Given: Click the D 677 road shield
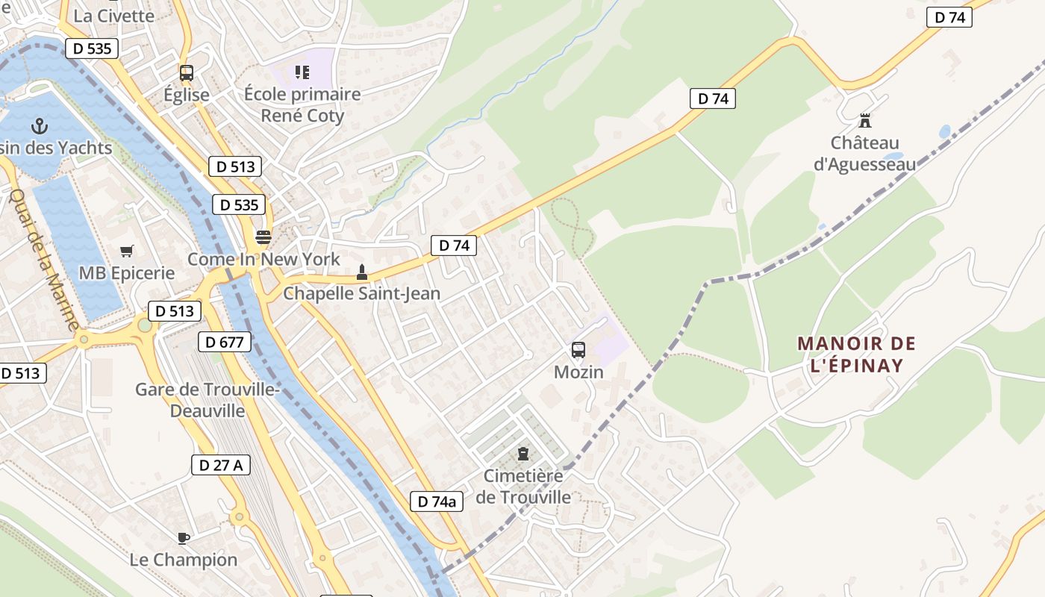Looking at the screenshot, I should [x=224, y=343].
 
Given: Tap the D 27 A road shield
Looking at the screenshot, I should [x=220, y=465].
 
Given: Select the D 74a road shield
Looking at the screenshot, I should [x=436, y=501].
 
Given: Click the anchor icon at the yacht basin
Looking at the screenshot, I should [x=40, y=126].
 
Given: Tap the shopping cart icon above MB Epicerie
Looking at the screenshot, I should [x=126, y=251].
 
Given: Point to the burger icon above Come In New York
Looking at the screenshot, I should [x=263, y=237].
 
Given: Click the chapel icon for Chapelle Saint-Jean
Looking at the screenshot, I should [x=362, y=272].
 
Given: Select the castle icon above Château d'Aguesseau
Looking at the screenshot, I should [x=865, y=120].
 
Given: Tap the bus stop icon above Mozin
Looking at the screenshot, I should [x=578, y=350].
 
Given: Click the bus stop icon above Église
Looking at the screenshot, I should [x=187, y=73].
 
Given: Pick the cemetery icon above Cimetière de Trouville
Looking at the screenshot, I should [x=523, y=454].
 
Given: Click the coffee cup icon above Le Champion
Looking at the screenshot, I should [x=184, y=538].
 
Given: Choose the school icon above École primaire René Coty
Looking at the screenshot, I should [x=302, y=72].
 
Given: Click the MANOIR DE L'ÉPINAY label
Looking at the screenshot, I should [x=856, y=354].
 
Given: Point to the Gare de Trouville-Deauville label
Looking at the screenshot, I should [x=207, y=400].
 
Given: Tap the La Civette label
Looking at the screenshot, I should [x=114, y=16].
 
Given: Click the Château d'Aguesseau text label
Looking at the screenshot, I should [x=864, y=153].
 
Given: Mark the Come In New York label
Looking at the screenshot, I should [x=263, y=260].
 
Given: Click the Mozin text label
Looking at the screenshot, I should [x=578, y=372].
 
